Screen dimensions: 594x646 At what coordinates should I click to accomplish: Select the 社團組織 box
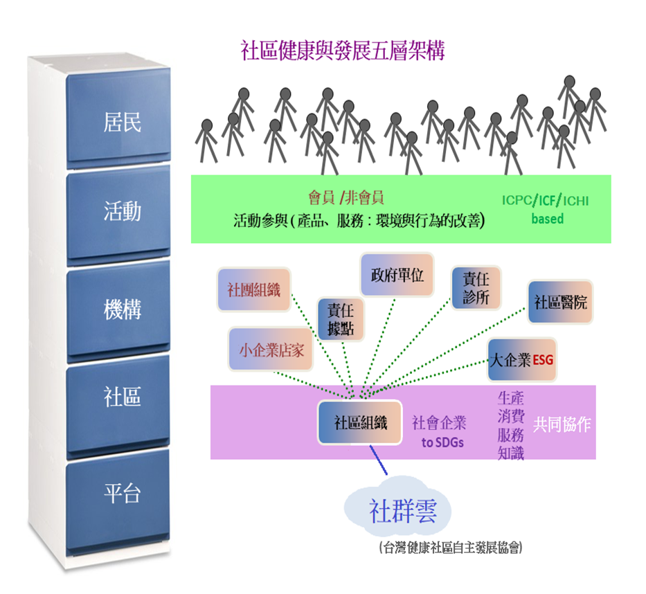click(253, 289)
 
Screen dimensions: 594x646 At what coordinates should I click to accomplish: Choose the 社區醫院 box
click(560, 302)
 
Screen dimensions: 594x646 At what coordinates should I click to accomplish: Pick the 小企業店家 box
click(271, 350)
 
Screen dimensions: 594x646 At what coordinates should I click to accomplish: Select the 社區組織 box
click(360, 422)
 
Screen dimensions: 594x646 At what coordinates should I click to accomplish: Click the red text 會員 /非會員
click(346, 198)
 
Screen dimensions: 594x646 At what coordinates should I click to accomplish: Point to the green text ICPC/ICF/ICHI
click(546, 201)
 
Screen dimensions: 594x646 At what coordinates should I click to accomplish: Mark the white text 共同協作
click(562, 424)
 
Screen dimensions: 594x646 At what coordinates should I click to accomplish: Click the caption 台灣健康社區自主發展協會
click(450, 548)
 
